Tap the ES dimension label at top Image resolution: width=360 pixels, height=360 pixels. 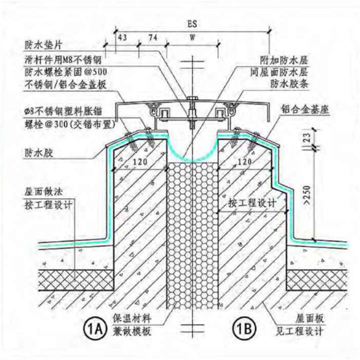[192, 22]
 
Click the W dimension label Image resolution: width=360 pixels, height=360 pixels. [192, 38]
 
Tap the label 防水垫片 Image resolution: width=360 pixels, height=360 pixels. [40, 44]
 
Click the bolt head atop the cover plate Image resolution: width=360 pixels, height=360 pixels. [192, 97]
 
